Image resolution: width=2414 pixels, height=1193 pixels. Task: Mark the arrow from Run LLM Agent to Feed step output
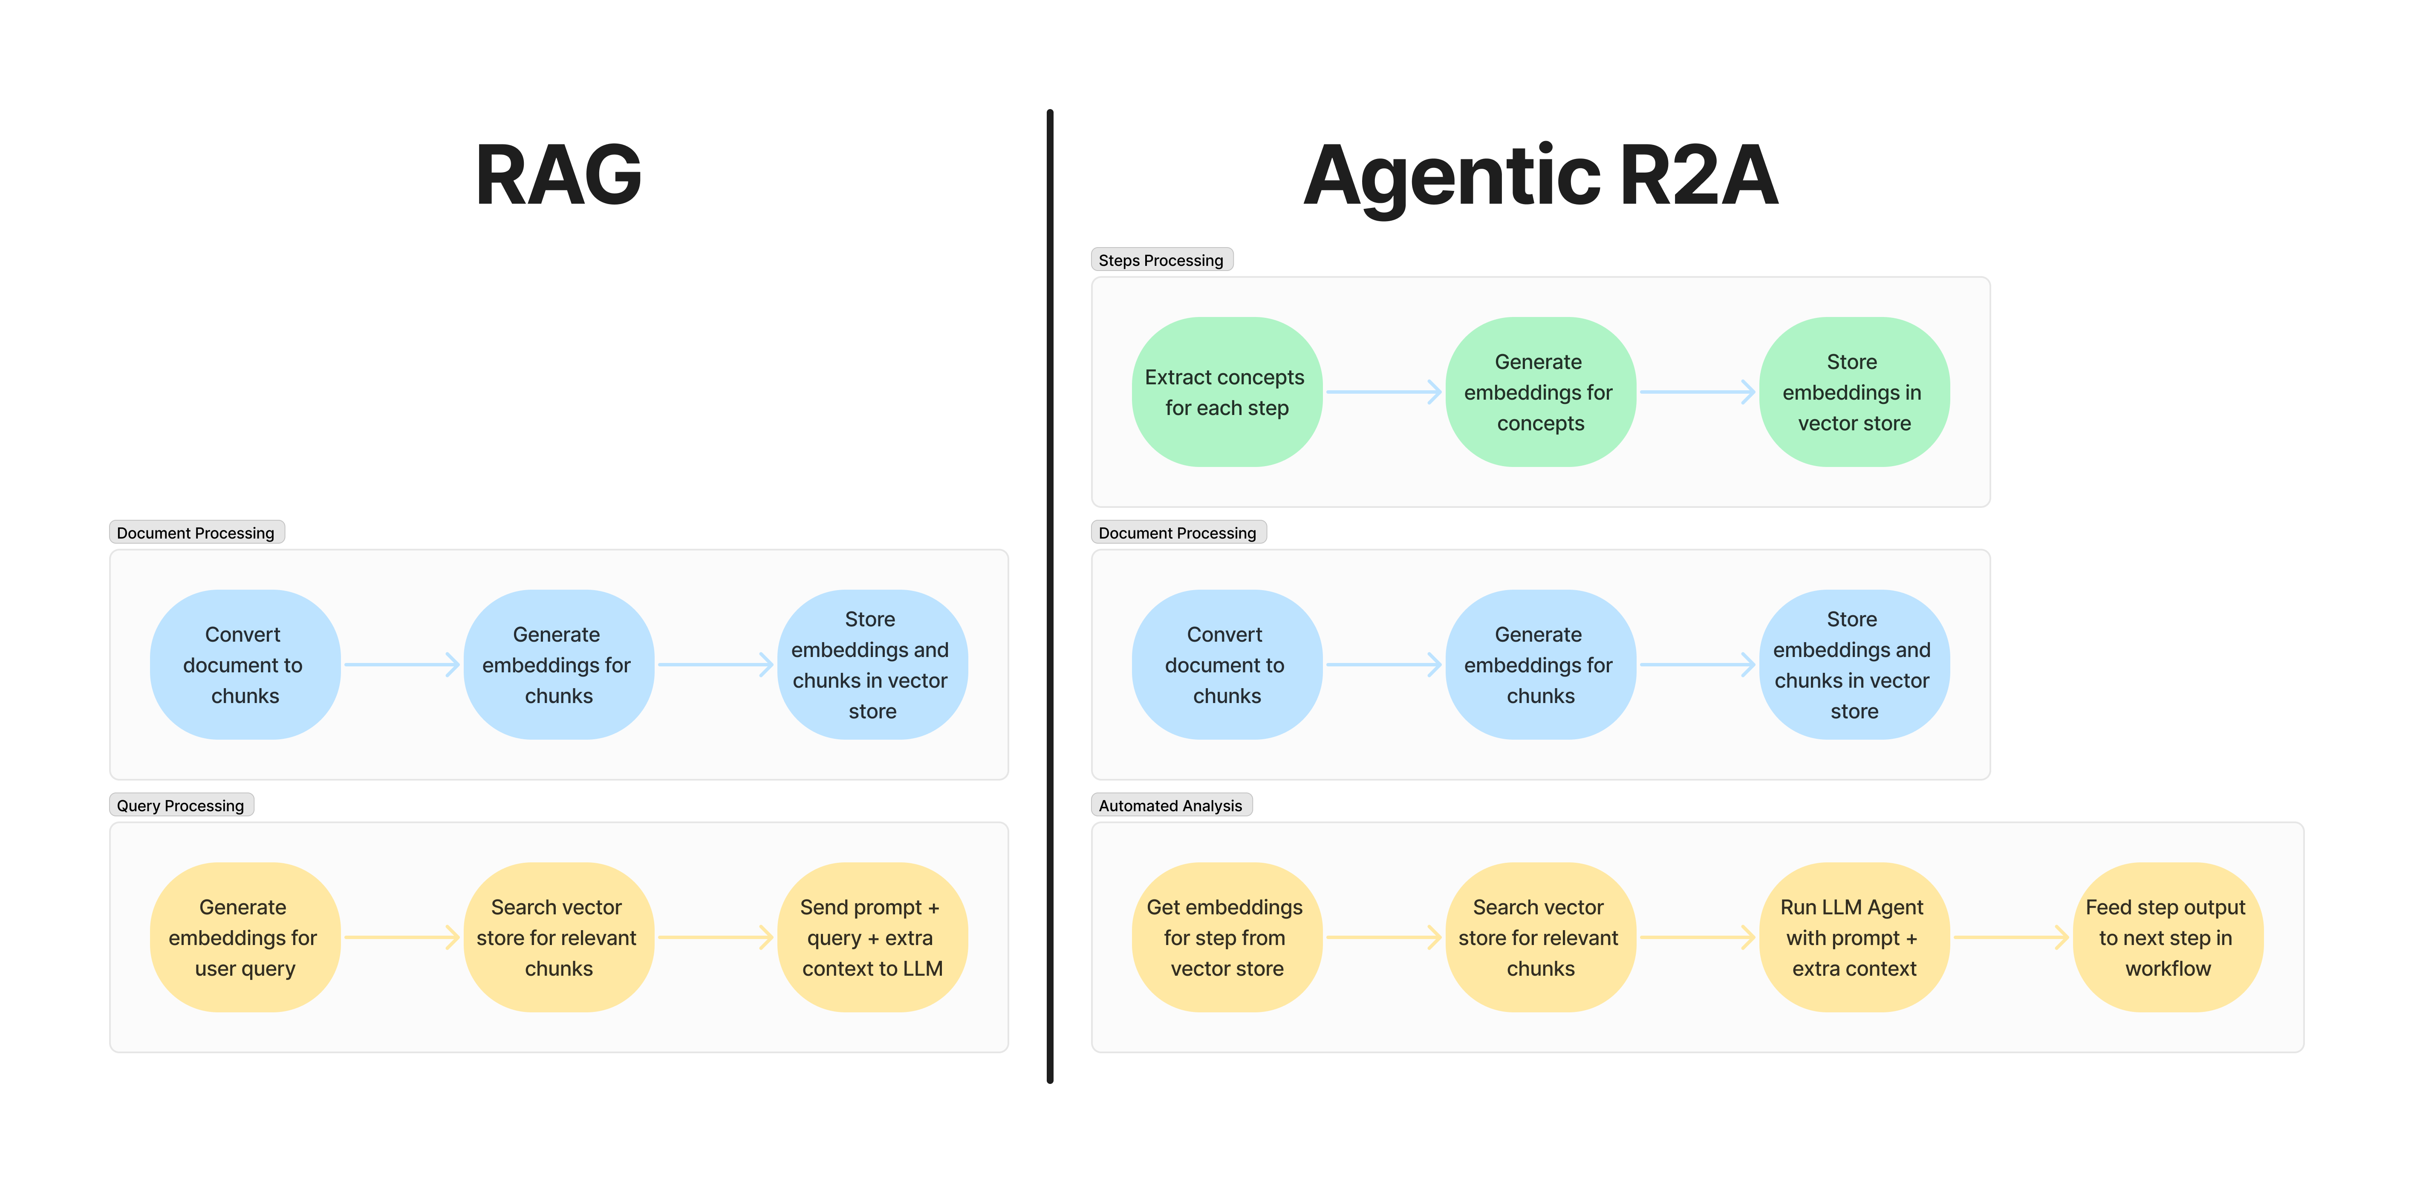[2010, 937]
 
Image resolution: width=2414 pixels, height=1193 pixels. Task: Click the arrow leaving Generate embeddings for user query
[401, 937]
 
